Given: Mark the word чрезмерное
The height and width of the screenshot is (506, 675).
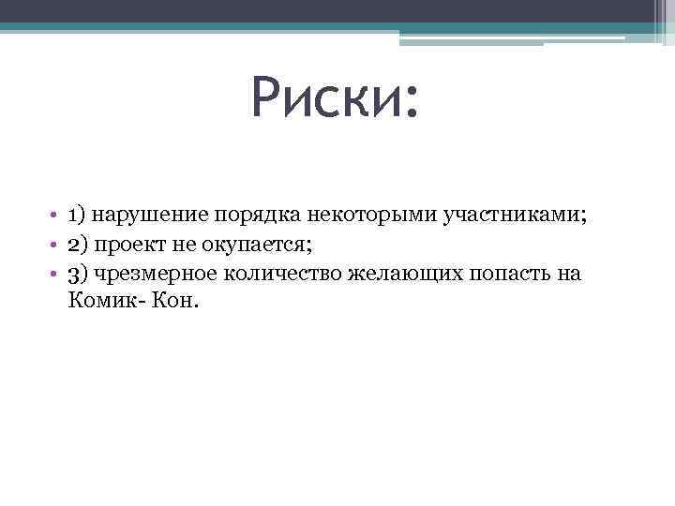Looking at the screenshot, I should [x=154, y=274].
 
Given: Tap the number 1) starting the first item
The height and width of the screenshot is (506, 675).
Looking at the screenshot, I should [x=77, y=216].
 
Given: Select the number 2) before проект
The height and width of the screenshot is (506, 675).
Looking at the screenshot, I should [x=77, y=245].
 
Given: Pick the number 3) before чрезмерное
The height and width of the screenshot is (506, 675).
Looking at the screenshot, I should [x=77, y=274].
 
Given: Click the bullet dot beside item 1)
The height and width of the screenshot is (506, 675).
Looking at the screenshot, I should [x=56, y=216].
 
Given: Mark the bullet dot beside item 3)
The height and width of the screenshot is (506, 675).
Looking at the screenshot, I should [x=56, y=275].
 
